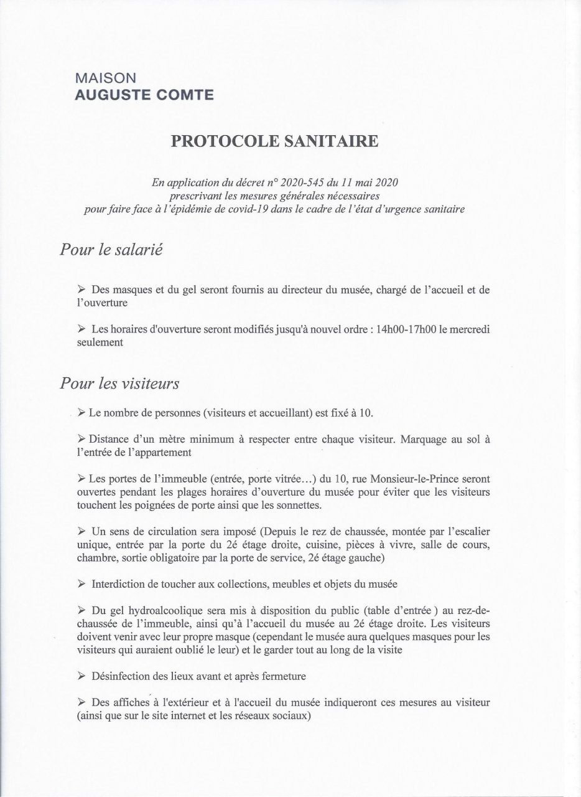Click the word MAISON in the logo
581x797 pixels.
pyautogui.click(x=105, y=79)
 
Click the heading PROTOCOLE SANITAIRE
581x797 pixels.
pyautogui.click(x=274, y=141)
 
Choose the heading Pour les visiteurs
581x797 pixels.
pyautogui.click(x=119, y=383)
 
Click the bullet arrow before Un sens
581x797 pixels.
pyautogui.click(x=81, y=531)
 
